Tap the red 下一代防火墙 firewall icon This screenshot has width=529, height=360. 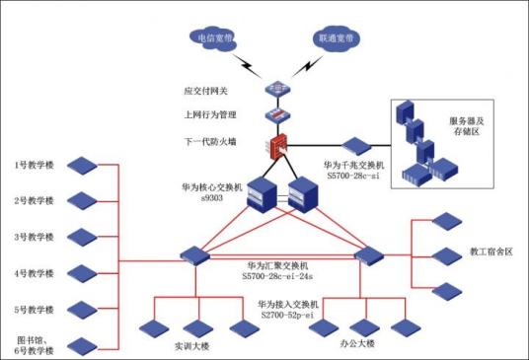pyautogui.click(x=277, y=148)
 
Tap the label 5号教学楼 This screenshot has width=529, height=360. pyautogui.click(x=34, y=309)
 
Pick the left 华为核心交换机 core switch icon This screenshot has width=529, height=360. pyautogui.click(x=261, y=193)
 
